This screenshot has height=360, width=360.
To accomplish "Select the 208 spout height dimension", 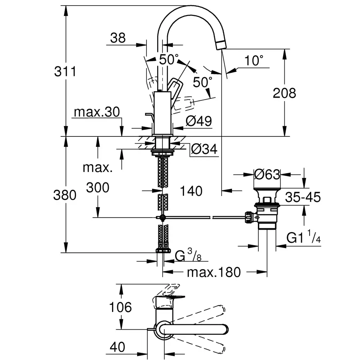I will [x=284, y=93].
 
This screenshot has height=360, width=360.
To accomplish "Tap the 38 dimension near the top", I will [x=118, y=38].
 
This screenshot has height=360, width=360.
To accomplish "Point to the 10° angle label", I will [x=254, y=61].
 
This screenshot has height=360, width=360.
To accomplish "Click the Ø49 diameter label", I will [x=199, y=121].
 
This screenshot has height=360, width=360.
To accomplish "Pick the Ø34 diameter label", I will [x=204, y=150].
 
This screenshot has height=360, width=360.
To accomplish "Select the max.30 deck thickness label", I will [x=96, y=112].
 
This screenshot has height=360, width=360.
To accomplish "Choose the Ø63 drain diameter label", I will [x=268, y=174].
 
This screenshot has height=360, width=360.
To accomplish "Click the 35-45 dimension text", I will [x=303, y=197].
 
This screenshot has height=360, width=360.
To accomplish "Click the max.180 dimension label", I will [x=214, y=272].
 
